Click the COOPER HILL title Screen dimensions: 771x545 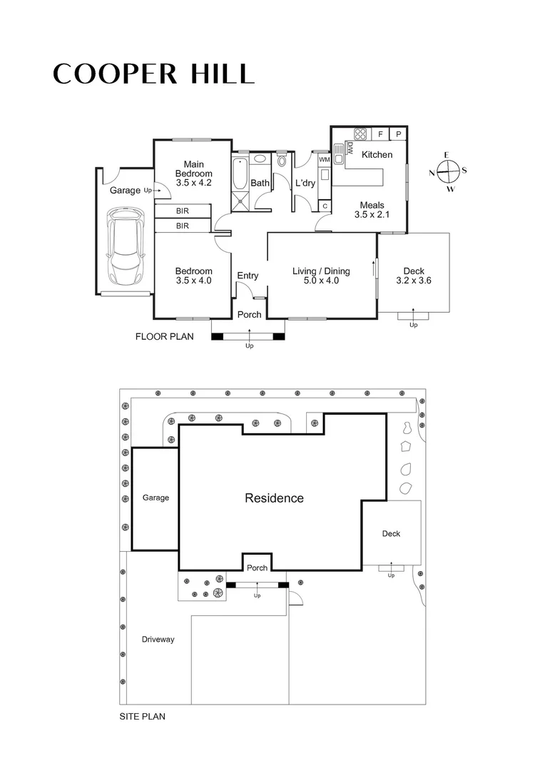tap(153, 74)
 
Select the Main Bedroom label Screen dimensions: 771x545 tap(193, 168)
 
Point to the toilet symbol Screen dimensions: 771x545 tap(282, 160)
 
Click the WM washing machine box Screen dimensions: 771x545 tap(324, 160)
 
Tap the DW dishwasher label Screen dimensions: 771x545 tap(350, 148)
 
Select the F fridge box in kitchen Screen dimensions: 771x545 tap(380, 134)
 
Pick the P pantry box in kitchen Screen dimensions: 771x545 tap(398, 134)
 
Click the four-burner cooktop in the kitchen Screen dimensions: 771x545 tap(360, 133)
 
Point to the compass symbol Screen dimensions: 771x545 tap(447, 172)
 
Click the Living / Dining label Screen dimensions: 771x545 tap(321, 276)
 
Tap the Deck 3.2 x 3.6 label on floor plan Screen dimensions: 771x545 tap(414, 276)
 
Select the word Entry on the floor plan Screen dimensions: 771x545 tap(248, 276)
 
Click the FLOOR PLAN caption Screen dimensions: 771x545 tap(165, 336)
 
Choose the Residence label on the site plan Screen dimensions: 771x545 tap(274, 498)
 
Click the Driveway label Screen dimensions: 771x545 tap(158, 640)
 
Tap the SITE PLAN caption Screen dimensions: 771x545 tap(142, 716)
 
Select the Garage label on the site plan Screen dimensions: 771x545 tap(156, 498)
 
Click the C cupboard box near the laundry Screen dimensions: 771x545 tap(325, 206)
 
